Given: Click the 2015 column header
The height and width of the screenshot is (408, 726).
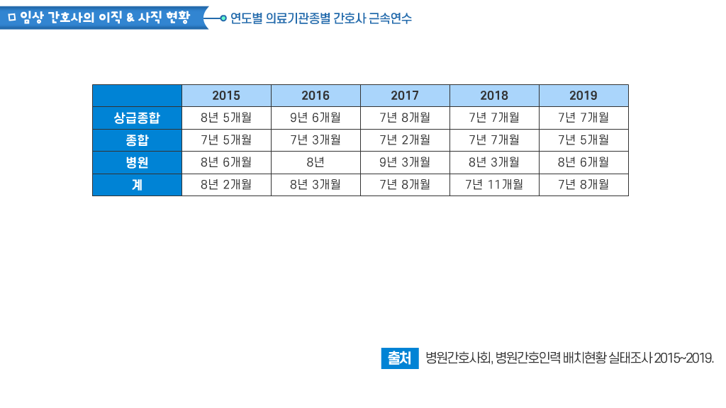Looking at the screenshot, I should point(226,96).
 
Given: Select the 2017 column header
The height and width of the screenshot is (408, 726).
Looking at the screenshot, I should point(405,96).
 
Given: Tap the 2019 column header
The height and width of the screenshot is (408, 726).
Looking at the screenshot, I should point(583,96).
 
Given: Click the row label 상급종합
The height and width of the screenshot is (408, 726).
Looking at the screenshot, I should point(137,118).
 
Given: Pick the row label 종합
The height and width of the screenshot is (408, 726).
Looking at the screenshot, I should point(137,140).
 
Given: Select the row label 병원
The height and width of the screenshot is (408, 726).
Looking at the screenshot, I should point(137,162).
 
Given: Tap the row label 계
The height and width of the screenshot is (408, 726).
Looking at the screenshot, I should point(137,185).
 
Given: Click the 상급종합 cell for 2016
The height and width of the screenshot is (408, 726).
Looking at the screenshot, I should point(315,118).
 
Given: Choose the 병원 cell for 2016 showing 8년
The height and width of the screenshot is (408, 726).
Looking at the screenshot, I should point(315,162).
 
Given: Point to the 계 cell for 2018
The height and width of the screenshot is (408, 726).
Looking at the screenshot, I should point(494,185).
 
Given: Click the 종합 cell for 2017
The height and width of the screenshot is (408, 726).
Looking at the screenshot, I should point(405,140).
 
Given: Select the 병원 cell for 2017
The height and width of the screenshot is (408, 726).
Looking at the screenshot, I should point(405,162).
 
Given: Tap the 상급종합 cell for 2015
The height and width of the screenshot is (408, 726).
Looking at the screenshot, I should point(226,118).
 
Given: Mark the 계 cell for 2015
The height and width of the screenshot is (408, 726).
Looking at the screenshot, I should point(226,185).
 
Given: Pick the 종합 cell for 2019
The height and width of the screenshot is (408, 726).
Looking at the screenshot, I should point(583,140).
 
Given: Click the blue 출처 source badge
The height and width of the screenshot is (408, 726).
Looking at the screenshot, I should point(399,358).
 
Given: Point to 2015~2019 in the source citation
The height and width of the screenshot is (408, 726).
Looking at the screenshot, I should point(683,358).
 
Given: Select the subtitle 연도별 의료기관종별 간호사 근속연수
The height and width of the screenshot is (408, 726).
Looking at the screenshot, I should point(320,18).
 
